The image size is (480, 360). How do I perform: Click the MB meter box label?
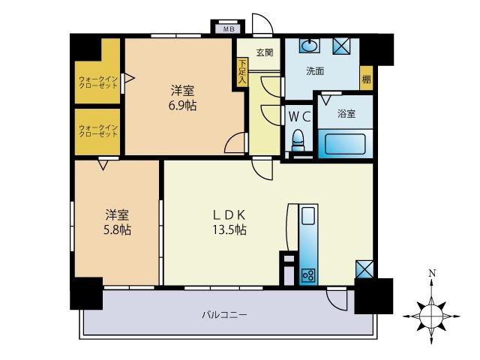click(x=229, y=29)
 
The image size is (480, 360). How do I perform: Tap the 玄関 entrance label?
click(x=264, y=52)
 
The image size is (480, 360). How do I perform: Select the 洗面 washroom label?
click(x=315, y=72)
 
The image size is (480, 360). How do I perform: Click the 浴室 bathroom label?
click(x=346, y=114)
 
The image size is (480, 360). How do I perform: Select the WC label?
click(x=297, y=117)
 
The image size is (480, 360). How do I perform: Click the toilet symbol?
click(x=298, y=139)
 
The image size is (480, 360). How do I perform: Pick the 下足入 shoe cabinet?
click(x=242, y=73)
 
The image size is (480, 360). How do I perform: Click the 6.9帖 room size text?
click(x=184, y=106)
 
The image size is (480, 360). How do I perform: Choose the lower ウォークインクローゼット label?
click(x=98, y=132)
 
